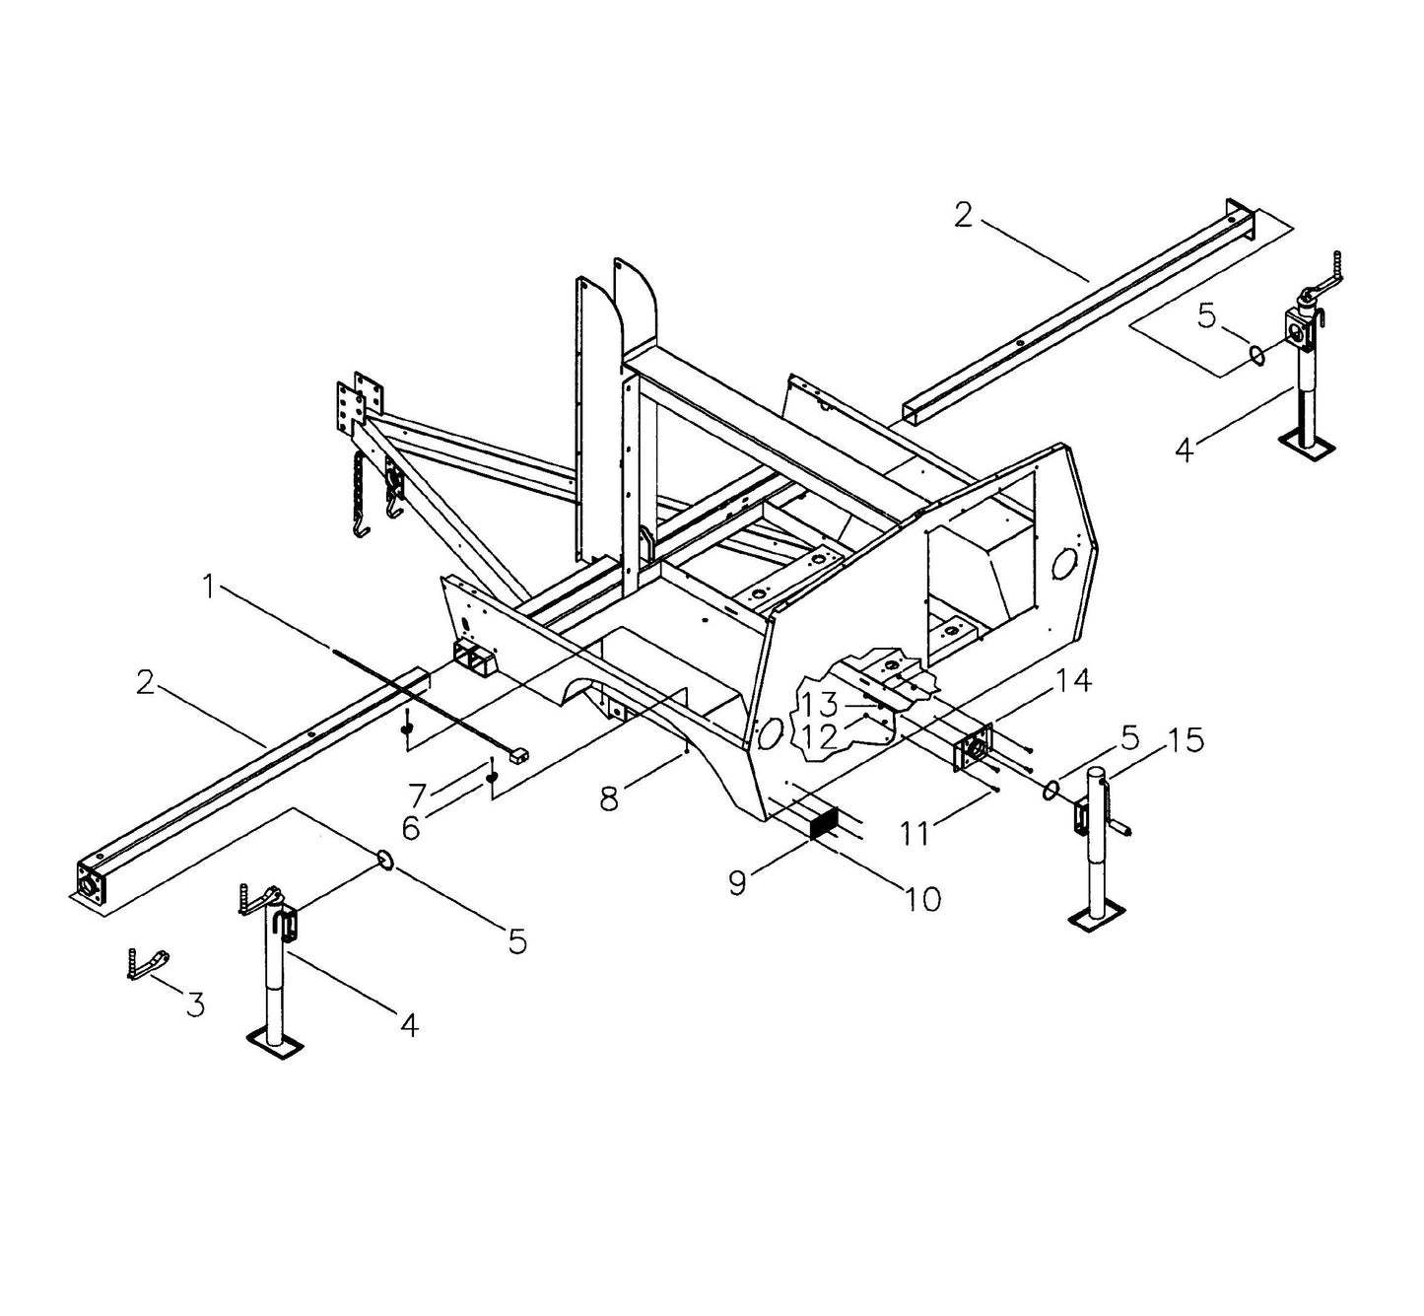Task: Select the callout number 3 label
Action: point(196,1004)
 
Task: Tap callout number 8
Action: point(609,798)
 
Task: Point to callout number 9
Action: point(738,883)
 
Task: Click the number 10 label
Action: point(924,898)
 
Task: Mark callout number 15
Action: point(1188,740)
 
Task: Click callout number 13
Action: point(819,705)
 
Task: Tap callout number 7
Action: point(418,793)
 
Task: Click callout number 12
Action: point(819,735)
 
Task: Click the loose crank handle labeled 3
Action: point(148,963)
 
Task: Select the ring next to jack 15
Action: point(1052,787)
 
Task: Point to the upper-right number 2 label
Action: point(963,214)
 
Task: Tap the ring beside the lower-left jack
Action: point(386,861)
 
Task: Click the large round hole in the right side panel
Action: point(1064,564)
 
